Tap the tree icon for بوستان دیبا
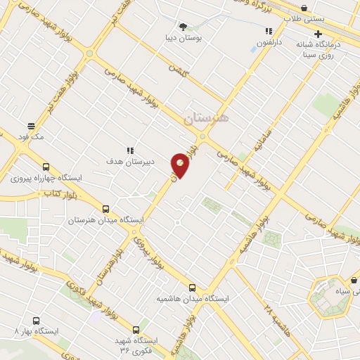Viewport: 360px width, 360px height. [x=184, y=27]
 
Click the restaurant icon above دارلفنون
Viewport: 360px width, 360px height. [x=269, y=31]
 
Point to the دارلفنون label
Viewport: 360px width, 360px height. [x=267, y=42]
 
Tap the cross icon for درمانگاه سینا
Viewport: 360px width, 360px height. [x=318, y=34]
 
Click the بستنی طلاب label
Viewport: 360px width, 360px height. [x=329, y=19]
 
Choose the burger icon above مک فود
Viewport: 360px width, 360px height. [x=31, y=125]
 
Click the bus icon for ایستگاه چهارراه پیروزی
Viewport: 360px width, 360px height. [x=46, y=167]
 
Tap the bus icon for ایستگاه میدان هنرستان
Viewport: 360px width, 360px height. [x=106, y=209]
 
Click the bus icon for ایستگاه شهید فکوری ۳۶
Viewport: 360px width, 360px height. [x=136, y=329]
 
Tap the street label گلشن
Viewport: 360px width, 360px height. [x=177, y=69]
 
